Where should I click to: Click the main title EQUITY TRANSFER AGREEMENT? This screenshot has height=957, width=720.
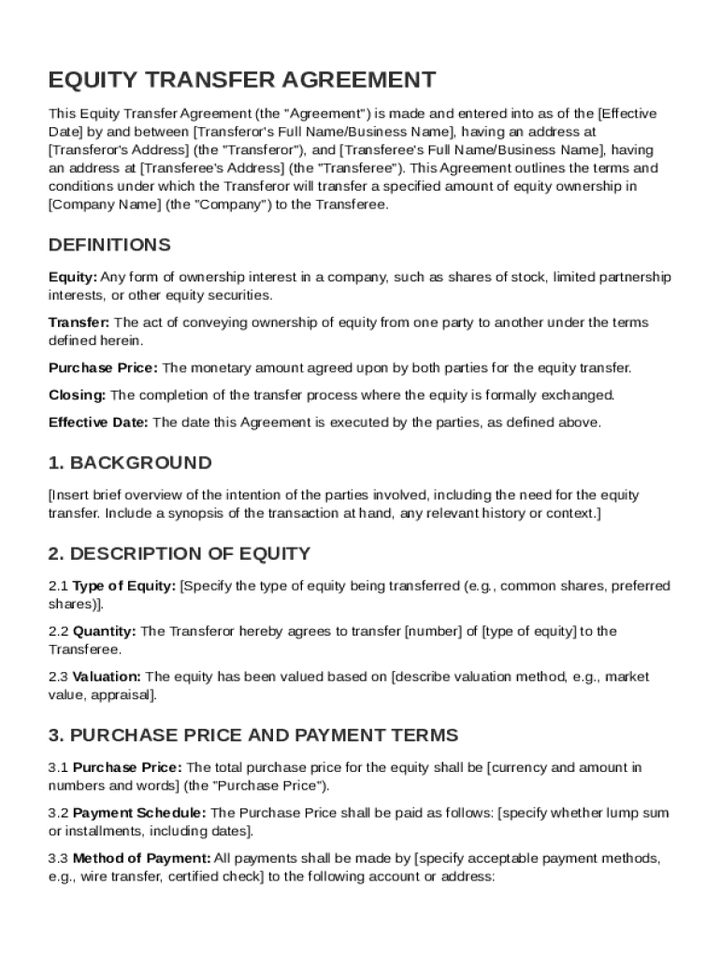pyautogui.click(x=242, y=79)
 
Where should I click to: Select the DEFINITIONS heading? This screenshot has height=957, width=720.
pyautogui.click(x=109, y=245)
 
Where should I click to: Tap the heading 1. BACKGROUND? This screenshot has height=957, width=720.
pyautogui.click(x=130, y=463)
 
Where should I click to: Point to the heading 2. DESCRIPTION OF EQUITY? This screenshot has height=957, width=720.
pyautogui.click(x=180, y=553)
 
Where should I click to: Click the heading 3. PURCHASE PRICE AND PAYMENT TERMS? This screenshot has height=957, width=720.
pyautogui.click(x=253, y=735)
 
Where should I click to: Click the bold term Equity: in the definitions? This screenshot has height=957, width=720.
pyautogui.click(x=73, y=278)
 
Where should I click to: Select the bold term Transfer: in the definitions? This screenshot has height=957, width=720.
pyautogui.click(x=79, y=322)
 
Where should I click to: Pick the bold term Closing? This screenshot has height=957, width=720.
pyautogui.click(x=77, y=395)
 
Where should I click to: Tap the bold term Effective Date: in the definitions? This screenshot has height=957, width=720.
pyautogui.click(x=98, y=422)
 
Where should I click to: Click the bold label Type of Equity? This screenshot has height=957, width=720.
pyautogui.click(x=124, y=586)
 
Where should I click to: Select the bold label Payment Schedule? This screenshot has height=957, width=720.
pyautogui.click(x=141, y=813)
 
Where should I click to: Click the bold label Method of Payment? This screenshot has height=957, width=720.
pyautogui.click(x=141, y=858)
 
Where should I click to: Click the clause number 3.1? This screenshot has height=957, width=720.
pyautogui.click(x=58, y=767)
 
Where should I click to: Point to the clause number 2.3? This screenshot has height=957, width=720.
pyautogui.click(x=58, y=677)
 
